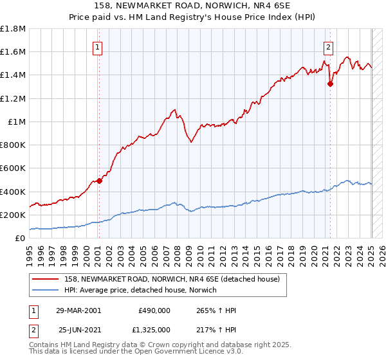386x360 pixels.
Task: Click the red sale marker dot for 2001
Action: click(x=100, y=181)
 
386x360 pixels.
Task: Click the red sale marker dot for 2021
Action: click(x=330, y=83)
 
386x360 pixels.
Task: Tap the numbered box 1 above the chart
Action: click(x=96, y=46)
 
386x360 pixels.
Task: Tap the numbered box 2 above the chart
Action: click(x=328, y=46)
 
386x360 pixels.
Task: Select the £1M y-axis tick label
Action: click(x=17, y=122)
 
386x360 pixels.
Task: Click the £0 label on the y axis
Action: click(x=20, y=239)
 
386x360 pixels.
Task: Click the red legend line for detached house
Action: click(x=46, y=280)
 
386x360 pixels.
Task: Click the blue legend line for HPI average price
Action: click(x=46, y=291)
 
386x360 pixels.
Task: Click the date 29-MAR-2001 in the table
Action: click(x=78, y=310)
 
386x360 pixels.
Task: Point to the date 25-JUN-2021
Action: click(x=78, y=330)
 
